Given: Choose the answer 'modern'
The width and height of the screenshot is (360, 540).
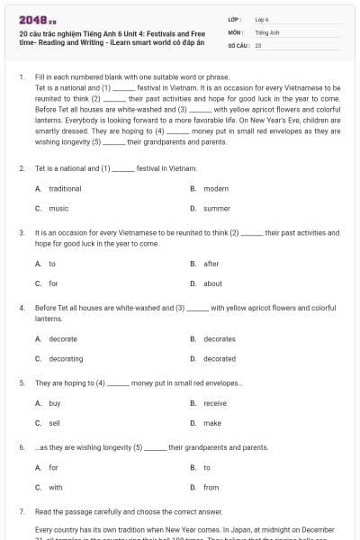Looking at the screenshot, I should [216, 189].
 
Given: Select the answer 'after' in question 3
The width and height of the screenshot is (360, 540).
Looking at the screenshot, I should [211, 264].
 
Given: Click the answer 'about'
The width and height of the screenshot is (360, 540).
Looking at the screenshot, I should [212, 283].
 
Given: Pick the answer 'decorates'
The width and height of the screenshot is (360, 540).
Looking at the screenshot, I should [220, 338].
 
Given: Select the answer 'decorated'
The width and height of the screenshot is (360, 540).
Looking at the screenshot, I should [220, 358].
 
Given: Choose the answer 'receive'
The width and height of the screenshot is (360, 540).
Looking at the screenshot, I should [215, 403].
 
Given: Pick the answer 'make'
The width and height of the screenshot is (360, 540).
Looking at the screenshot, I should [212, 422].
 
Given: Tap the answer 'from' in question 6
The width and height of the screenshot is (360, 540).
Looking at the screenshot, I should [211, 487].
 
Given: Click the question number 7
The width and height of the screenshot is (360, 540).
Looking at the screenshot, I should [21, 511].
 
